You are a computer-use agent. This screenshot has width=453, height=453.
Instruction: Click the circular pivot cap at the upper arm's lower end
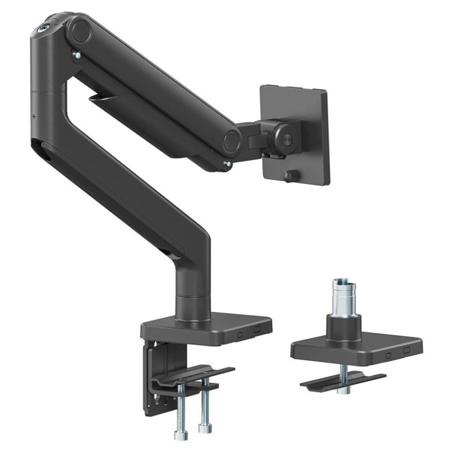[231, 140]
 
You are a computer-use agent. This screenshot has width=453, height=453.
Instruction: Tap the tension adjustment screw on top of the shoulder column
[43, 26]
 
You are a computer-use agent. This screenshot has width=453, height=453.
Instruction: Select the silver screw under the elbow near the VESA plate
[227, 165]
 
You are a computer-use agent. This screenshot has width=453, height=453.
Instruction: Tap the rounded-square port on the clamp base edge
[240, 334]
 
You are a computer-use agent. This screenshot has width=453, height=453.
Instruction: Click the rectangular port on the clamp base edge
[258, 330]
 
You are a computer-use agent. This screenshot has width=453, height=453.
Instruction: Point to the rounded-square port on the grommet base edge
[388, 356]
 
